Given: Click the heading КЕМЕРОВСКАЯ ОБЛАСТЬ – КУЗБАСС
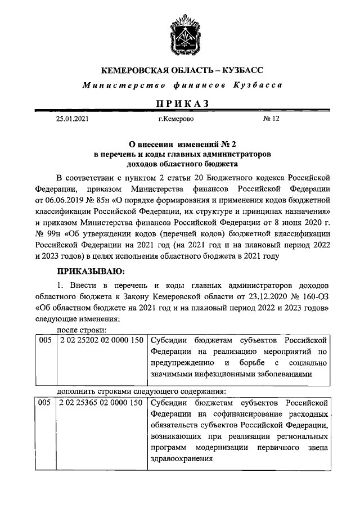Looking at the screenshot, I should pyautogui.click(x=181, y=71).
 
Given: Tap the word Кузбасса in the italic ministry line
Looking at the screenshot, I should pyautogui.click(x=260, y=85).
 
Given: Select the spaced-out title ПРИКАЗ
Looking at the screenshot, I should pyautogui.click(x=181, y=103).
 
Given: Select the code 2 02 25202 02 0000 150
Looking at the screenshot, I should pyautogui.click(x=98, y=341).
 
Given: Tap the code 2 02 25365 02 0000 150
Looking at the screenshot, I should pyautogui.click(x=98, y=403).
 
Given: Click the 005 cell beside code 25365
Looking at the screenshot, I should pyautogui.click(x=44, y=403).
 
